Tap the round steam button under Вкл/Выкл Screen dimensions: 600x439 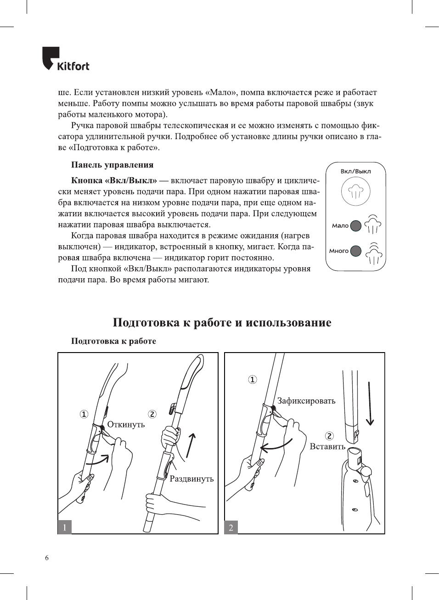[x=355, y=191]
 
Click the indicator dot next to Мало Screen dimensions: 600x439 [x=355, y=225]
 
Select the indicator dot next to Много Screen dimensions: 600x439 [x=355, y=251]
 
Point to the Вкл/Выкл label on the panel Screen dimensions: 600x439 [x=355, y=171]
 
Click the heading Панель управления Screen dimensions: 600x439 [x=112, y=165]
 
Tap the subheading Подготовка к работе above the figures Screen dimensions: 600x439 [x=113, y=341]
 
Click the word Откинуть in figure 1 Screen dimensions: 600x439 [x=126, y=425]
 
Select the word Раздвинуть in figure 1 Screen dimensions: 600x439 [x=191, y=479]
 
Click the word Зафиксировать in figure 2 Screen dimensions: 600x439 [x=306, y=401]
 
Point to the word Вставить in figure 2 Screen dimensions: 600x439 [x=327, y=447]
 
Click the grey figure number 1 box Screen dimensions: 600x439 [x=65, y=527]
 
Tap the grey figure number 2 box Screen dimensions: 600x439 [x=231, y=527]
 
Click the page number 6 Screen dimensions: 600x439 [x=47, y=558]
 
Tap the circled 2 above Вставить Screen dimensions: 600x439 [x=329, y=436]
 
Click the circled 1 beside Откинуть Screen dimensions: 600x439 [x=84, y=414]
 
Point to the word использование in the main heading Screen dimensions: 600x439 [x=288, y=322]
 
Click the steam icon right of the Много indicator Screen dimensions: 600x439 [x=374, y=253]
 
